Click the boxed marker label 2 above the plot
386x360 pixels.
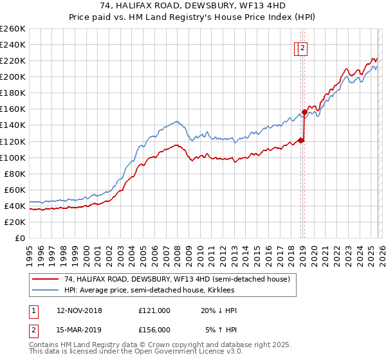coord(302,47)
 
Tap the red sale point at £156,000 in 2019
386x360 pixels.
coord(304,112)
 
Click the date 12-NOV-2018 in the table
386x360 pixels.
coord(79,310)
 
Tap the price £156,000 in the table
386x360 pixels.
coord(154,330)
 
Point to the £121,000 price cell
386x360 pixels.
coord(154,310)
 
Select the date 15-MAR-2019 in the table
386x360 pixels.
coord(79,330)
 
